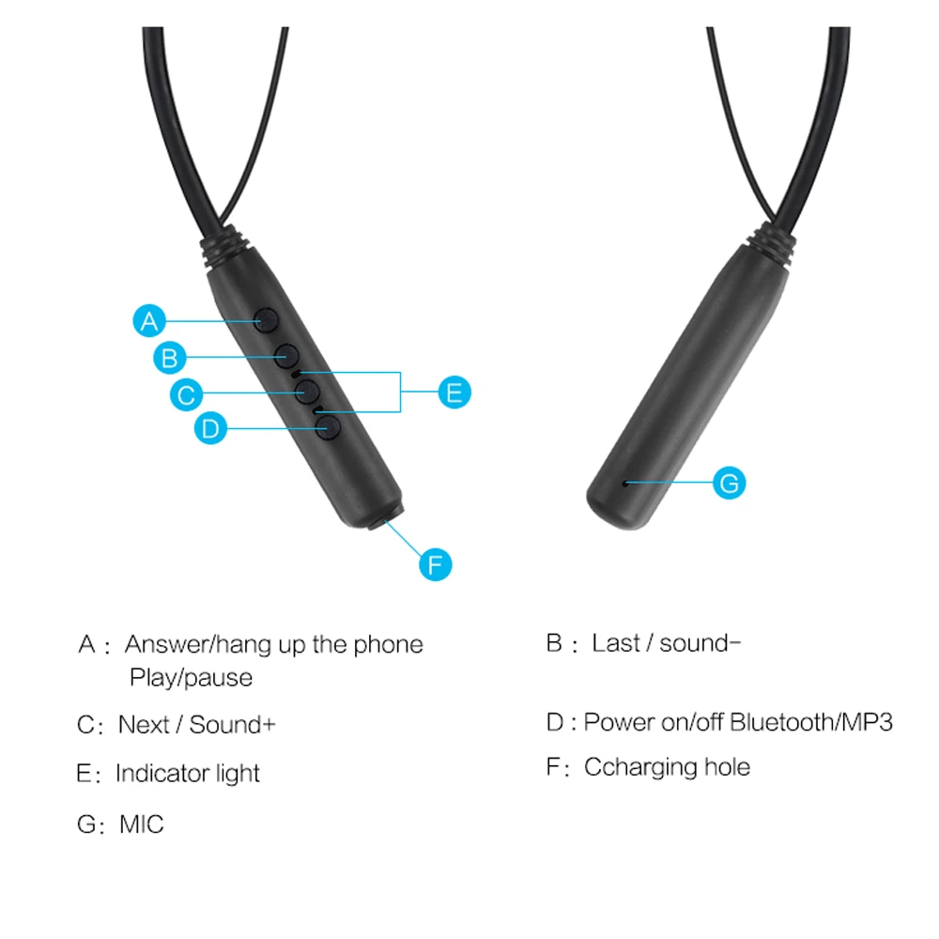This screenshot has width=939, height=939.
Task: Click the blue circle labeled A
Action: [149, 321]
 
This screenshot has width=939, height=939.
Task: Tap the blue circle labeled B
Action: [170, 357]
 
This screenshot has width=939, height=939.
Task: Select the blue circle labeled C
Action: [187, 393]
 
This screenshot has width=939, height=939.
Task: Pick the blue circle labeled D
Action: [211, 429]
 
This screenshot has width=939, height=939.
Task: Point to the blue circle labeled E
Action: [454, 392]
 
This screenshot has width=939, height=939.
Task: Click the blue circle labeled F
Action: [435, 563]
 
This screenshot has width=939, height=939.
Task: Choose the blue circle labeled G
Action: [730, 483]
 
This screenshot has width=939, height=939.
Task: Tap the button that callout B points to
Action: [287, 354]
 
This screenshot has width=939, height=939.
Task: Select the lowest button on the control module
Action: [328, 428]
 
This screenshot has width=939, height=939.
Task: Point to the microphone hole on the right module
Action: [625, 483]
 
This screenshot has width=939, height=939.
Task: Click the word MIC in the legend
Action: [142, 824]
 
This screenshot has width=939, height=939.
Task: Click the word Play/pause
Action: [191, 677]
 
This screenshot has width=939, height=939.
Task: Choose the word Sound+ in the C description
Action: [233, 725]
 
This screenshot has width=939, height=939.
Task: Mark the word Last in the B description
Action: [616, 643]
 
